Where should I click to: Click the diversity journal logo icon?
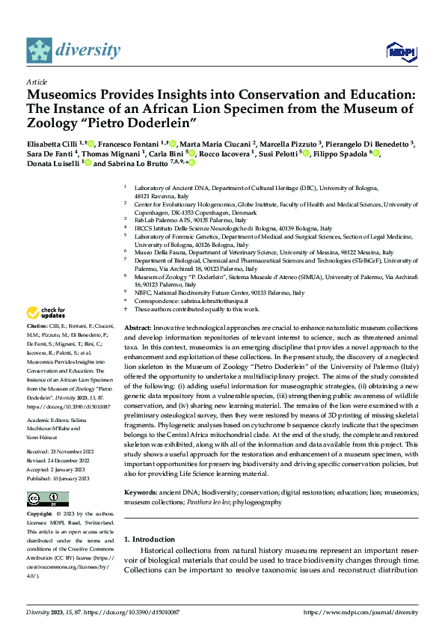39,50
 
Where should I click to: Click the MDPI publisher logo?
399,51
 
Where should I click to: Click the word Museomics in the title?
64,95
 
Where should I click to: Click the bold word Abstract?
137,328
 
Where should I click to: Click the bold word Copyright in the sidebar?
40,515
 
